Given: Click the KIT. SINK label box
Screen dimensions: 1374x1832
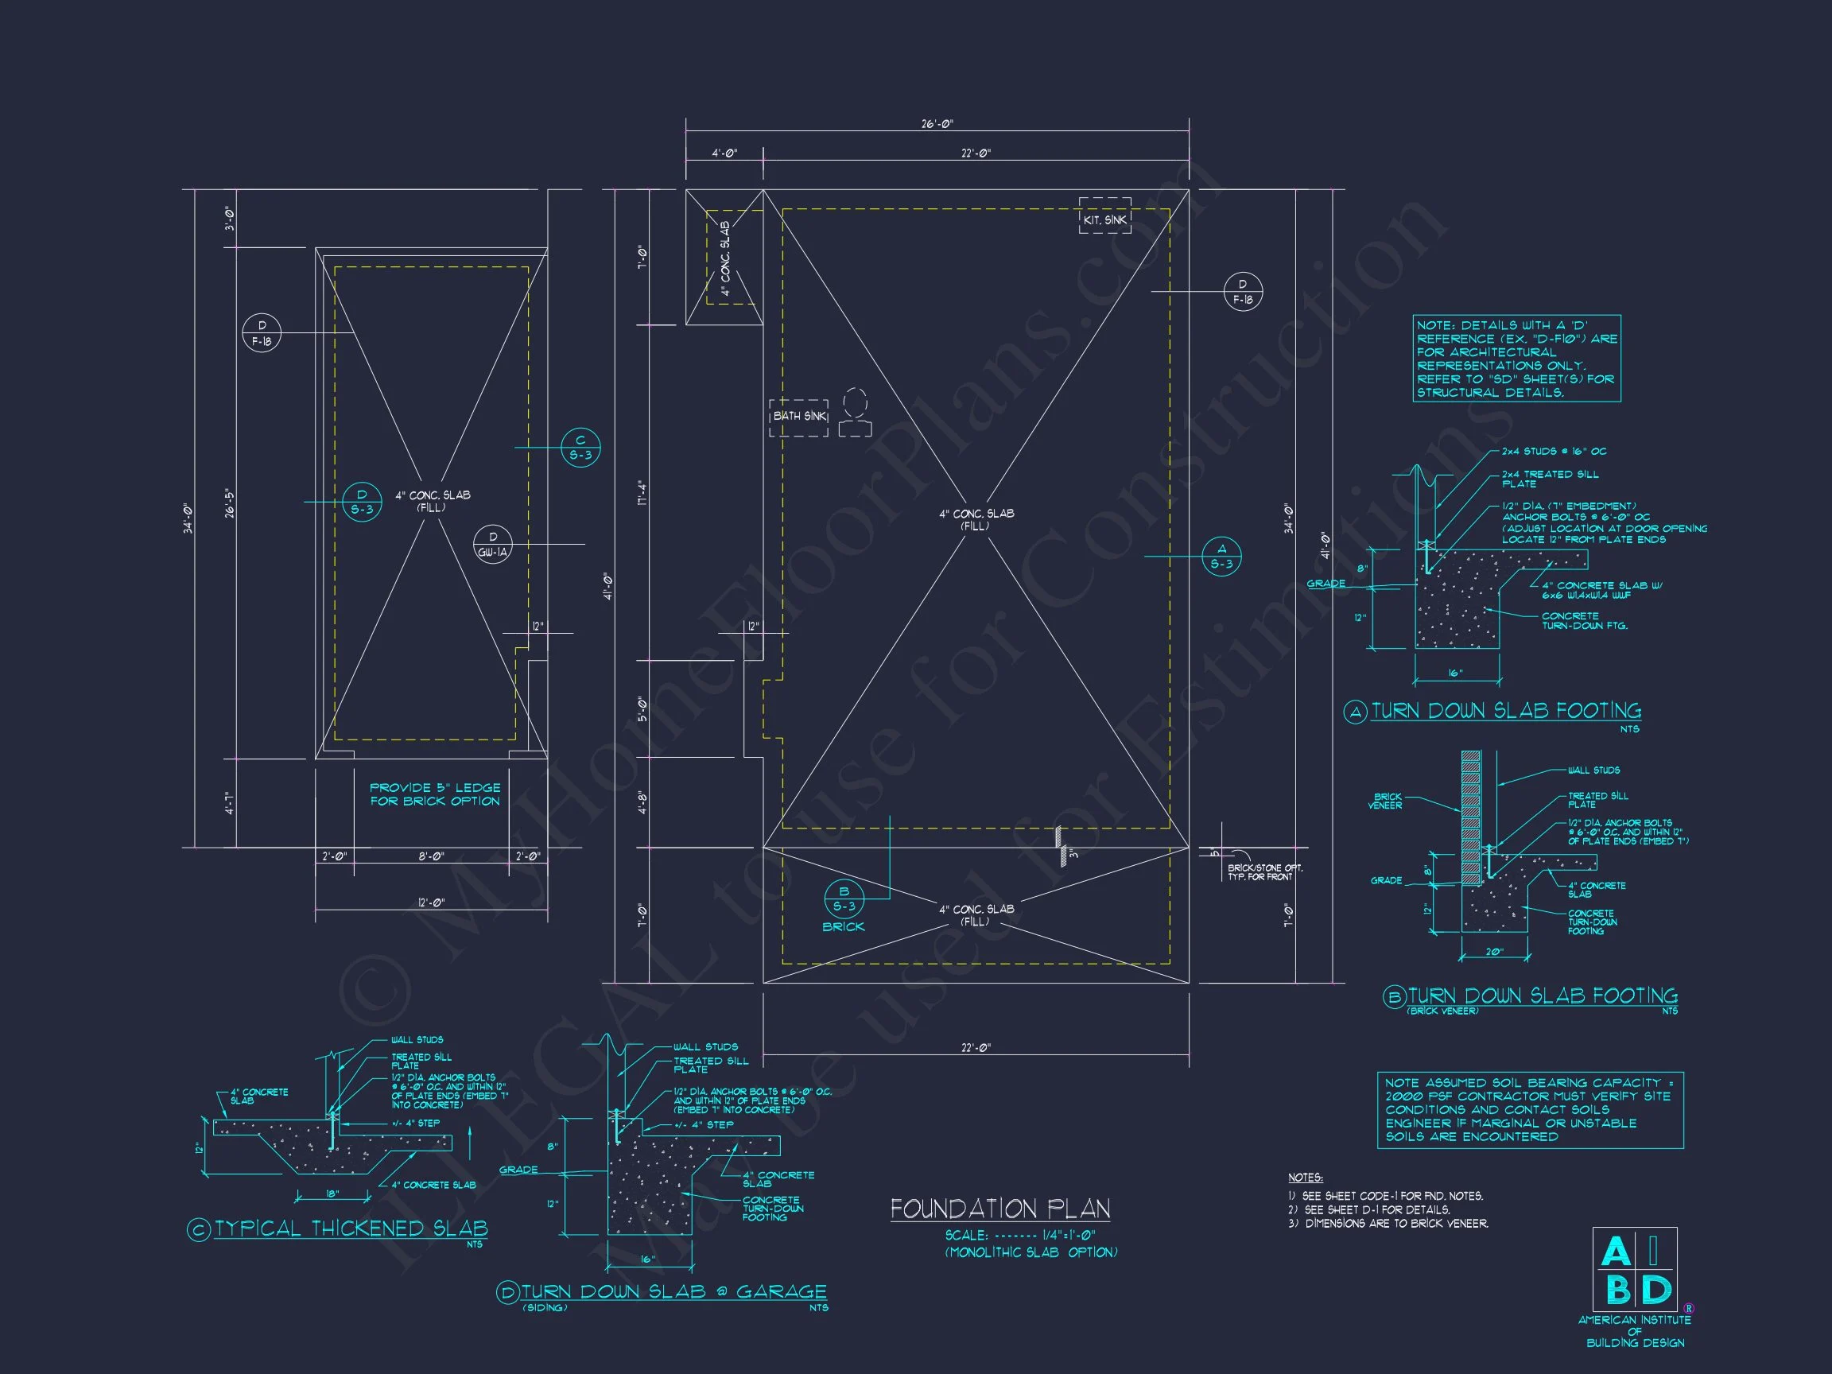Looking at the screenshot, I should (1104, 216).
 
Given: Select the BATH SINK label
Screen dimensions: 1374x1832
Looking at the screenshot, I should (798, 417).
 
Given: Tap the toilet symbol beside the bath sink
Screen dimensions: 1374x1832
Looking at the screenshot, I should (855, 412).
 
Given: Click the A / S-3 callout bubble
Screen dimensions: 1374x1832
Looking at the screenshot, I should (1221, 556).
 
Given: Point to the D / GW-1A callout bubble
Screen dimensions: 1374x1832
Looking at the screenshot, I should (493, 544).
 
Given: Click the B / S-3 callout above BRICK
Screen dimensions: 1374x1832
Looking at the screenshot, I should (844, 899).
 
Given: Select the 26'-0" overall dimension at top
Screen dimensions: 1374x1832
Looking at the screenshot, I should (937, 124).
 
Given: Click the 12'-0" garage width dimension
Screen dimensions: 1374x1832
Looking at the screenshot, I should (431, 902).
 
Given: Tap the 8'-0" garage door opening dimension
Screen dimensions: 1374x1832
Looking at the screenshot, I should (431, 857).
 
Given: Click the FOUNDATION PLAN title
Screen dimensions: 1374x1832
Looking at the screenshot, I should (999, 1210).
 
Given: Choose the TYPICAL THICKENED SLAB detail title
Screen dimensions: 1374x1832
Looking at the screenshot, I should (351, 1229).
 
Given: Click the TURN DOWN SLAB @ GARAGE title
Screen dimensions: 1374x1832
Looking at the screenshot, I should (673, 1292).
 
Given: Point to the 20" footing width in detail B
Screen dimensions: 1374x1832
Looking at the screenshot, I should (1493, 953).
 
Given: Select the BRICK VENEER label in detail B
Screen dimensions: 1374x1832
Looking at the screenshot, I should (1385, 801).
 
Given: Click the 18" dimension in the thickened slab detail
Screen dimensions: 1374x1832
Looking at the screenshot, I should (333, 1194).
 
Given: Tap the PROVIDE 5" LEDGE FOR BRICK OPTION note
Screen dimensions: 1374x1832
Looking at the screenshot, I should (435, 794).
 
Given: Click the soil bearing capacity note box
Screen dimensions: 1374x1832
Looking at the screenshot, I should (1529, 1110).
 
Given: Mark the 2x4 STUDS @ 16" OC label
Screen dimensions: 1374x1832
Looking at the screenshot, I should (1554, 452).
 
